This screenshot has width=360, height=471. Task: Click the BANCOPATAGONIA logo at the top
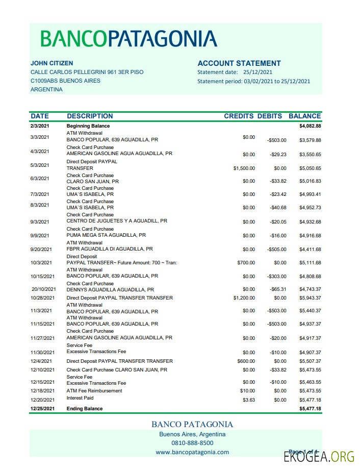click(128, 39)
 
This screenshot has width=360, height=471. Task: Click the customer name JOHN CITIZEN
click(52, 63)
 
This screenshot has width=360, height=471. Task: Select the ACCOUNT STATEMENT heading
click(239, 63)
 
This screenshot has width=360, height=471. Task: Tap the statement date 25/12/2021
click(258, 72)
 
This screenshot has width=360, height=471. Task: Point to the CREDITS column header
click(239, 116)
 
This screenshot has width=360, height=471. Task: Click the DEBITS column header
click(269, 116)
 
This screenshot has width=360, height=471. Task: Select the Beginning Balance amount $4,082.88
click(310, 126)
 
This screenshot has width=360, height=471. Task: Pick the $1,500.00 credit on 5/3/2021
click(244, 168)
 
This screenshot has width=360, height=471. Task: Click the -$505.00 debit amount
click(277, 250)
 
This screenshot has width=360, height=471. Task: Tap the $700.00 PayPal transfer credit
click(246, 263)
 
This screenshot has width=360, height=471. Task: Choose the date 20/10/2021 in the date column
click(42, 289)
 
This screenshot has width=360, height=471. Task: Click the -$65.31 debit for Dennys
click(278, 289)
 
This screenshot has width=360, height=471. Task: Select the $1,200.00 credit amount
click(244, 298)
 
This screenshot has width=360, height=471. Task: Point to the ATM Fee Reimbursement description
click(94, 391)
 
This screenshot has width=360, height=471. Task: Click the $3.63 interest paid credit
click(249, 400)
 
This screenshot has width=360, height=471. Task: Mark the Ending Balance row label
click(85, 409)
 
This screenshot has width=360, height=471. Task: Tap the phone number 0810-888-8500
click(192, 443)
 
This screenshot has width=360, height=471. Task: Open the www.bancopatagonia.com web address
click(192, 452)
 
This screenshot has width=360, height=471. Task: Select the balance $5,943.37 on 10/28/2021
click(310, 298)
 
